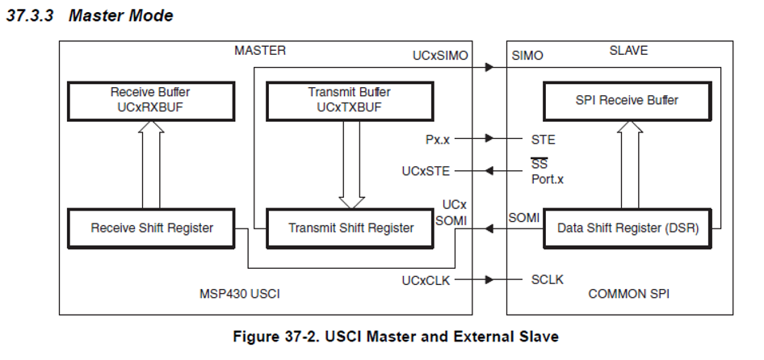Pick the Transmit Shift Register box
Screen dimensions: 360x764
tap(351, 228)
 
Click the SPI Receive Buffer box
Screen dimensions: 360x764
tap(627, 100)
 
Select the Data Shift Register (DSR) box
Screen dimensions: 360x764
tap(627, 228)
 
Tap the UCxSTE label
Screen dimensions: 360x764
tap(426, 171)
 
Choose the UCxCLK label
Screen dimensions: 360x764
tap(426, 280)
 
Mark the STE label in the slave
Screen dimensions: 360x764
tap(543, 139)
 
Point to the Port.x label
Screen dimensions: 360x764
tap(548, 178)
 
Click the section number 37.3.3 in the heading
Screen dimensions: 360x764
tap(31, 16)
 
